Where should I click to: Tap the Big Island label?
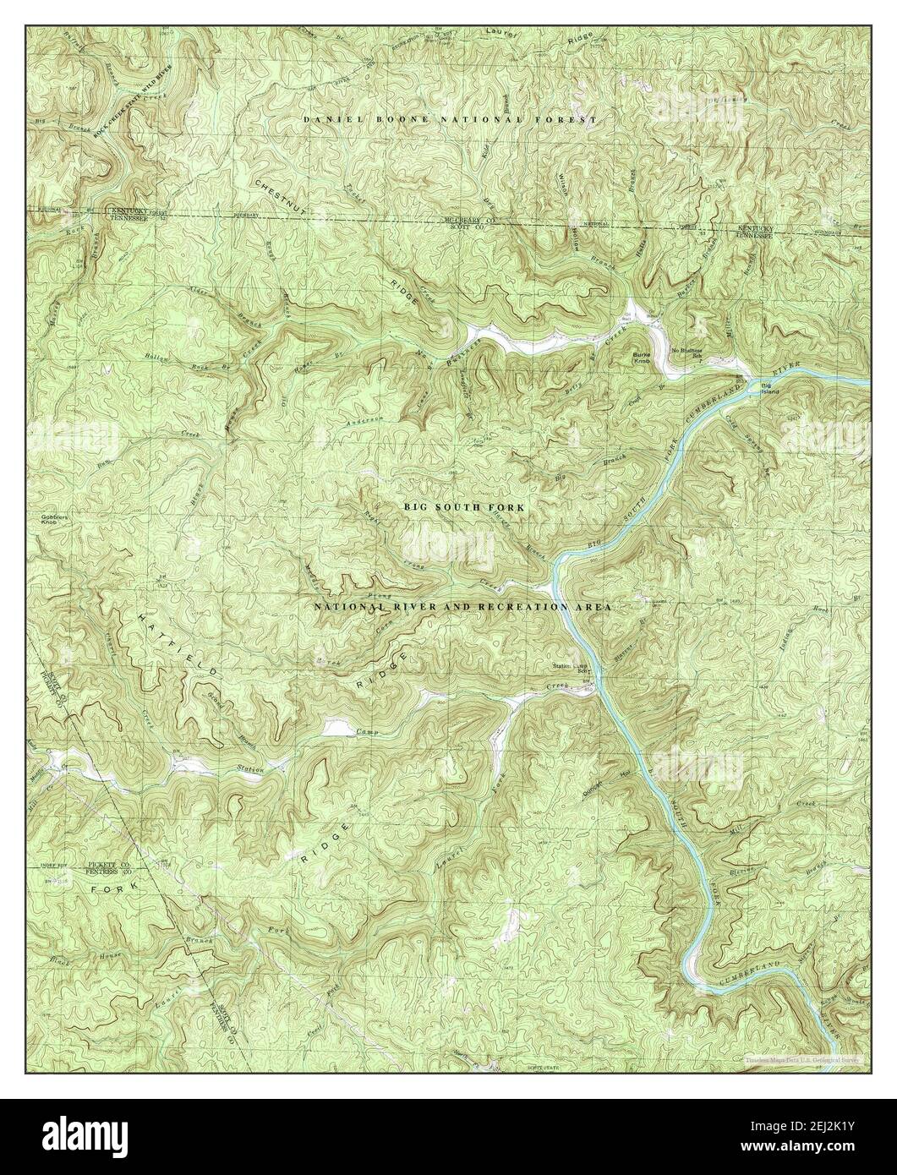tap(770, 388)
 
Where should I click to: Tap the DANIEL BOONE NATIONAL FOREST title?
tap(451, 120)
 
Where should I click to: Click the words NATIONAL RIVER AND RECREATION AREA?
tap(462, 607)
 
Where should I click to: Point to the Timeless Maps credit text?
tap(801, 1058)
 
